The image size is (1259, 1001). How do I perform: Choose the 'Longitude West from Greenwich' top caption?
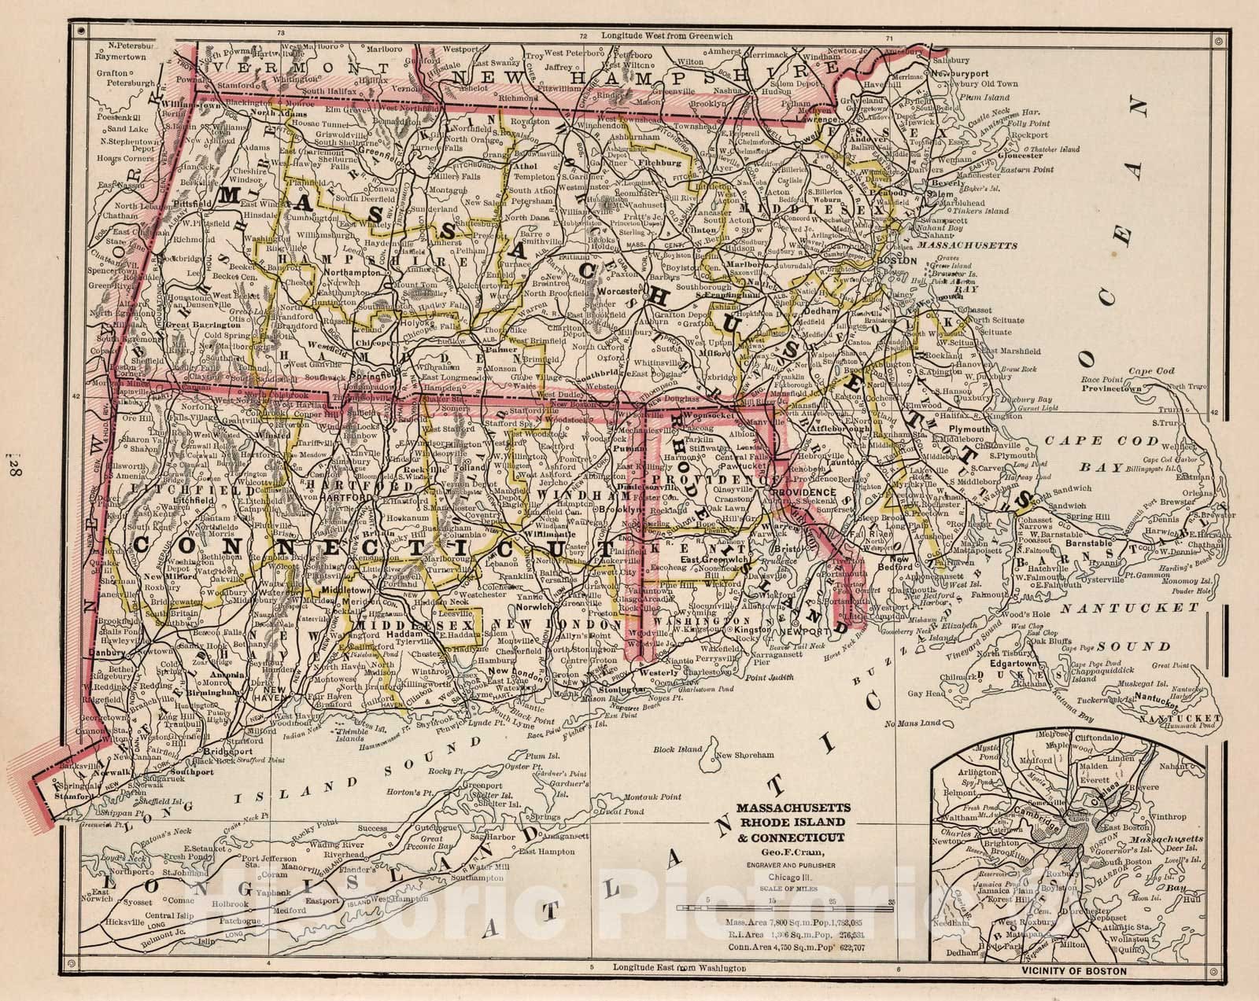[x=676, y=36]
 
